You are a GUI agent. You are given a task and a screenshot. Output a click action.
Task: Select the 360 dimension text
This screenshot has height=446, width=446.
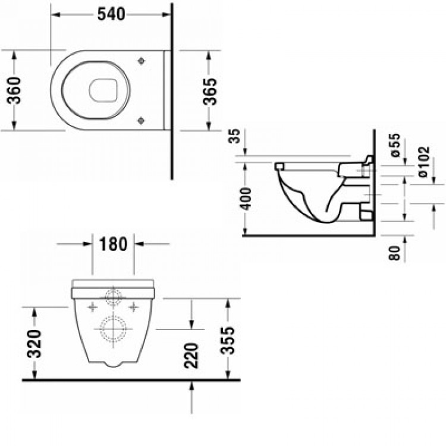coord(15,90)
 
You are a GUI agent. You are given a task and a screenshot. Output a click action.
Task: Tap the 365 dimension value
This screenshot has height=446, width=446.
coord(209,90)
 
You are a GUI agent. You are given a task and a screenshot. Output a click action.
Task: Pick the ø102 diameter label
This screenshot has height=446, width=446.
coord(422,164)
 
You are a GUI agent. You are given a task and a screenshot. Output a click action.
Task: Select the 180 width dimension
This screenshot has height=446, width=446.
coord(112,244)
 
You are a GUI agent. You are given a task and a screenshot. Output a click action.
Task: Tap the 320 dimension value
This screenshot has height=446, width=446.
coord(35,343)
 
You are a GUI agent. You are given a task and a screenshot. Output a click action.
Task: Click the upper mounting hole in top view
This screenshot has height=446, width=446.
coord(141,61)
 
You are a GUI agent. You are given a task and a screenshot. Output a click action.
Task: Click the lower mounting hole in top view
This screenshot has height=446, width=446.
coord(141,120)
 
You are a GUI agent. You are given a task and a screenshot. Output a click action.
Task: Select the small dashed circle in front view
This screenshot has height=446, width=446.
coord(113,296)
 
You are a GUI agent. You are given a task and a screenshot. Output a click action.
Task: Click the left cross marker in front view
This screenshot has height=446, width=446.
coord(92,307)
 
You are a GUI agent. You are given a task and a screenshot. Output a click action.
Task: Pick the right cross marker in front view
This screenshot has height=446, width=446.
coord(133,307)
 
